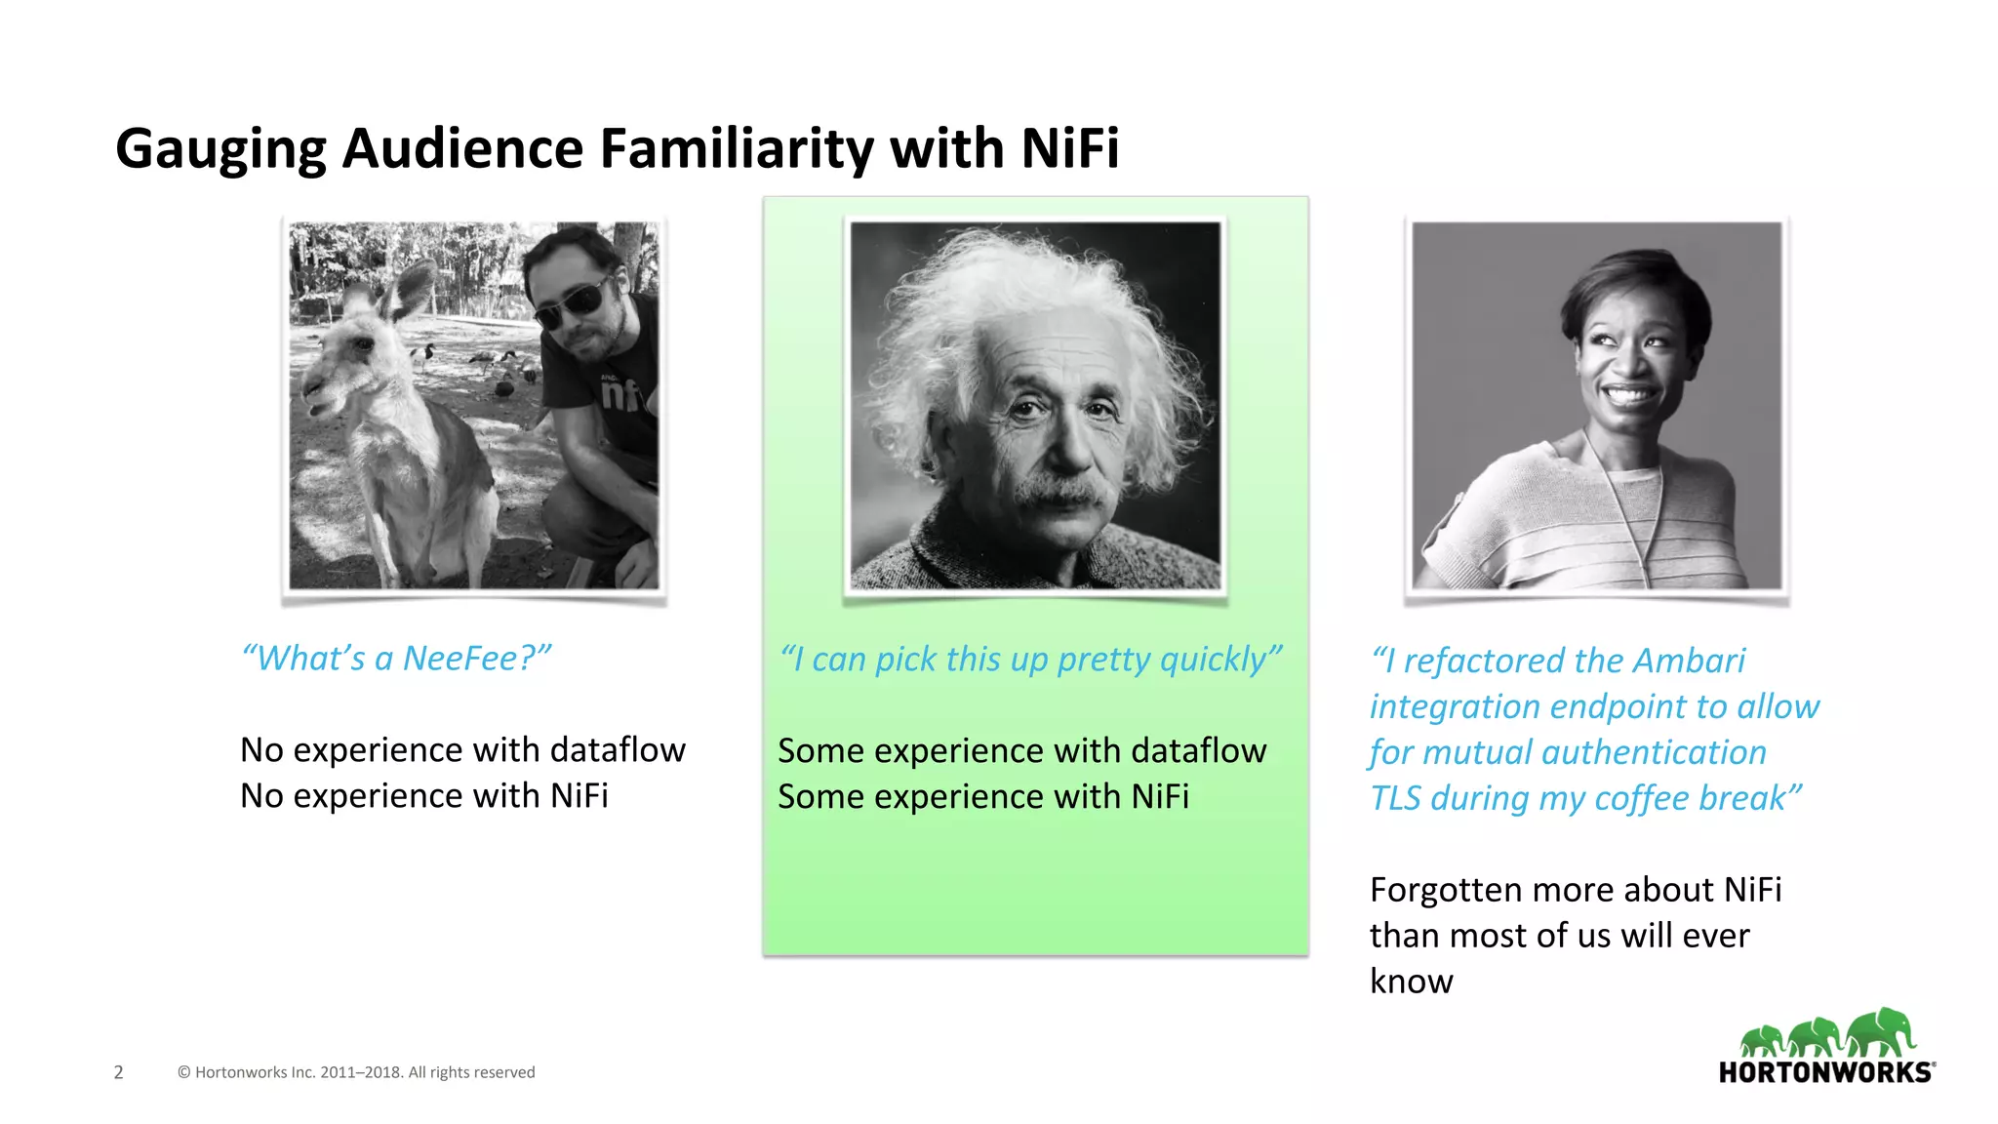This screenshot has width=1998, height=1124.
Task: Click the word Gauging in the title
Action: point(220,149)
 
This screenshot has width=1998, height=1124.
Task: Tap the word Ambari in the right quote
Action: point(1689,661)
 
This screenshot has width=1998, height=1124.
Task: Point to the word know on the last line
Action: point(1411,982)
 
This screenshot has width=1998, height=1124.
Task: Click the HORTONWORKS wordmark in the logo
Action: point(1824,1072)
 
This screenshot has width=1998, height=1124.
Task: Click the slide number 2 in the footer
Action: point(118,1072)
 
